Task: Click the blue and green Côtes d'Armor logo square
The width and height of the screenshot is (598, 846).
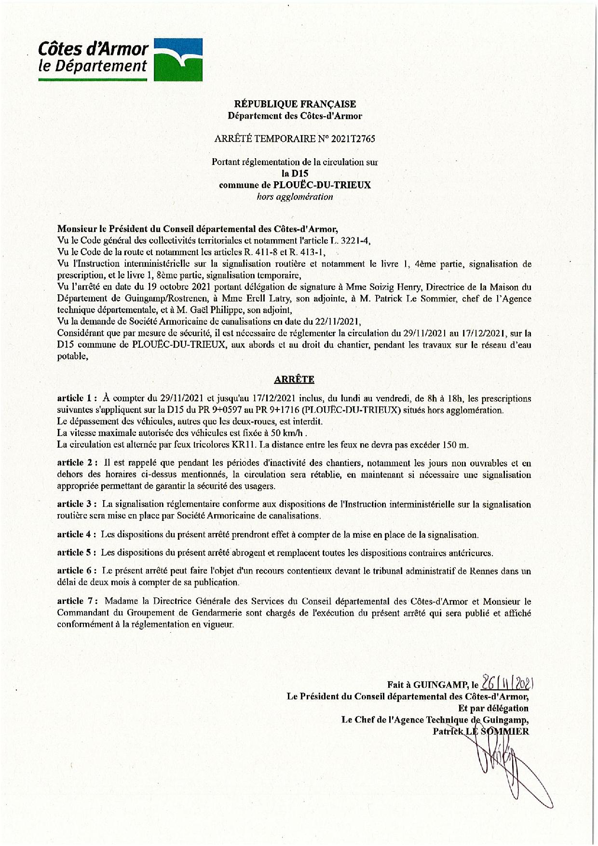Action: [177, 59]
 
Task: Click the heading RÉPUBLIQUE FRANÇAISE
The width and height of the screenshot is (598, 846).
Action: [295, 104]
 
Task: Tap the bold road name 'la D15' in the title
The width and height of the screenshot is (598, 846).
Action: [295, 174]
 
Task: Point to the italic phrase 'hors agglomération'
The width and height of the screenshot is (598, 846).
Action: [295, 197]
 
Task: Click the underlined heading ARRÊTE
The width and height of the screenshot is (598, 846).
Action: [294, 379]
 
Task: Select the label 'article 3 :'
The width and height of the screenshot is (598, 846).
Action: [78, 504]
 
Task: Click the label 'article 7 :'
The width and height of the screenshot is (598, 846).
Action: [78, 601]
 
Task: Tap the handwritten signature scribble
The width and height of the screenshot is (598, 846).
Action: [502, 760]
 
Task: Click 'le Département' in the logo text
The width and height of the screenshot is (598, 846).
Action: [93, 66]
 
